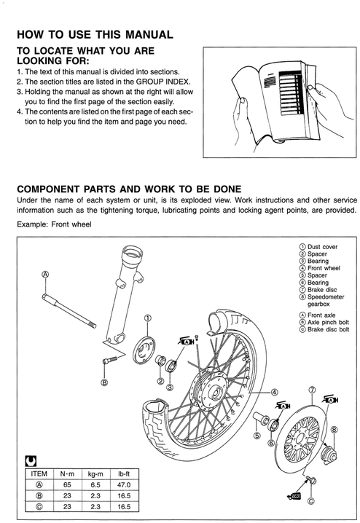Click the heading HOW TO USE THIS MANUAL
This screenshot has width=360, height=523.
pos(94,34)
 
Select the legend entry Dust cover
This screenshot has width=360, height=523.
pos(321,247)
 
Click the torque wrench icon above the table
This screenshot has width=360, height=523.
pos(30,460)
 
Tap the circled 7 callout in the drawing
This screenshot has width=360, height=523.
pos(311,390)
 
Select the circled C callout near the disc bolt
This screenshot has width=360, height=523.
pos(311,500)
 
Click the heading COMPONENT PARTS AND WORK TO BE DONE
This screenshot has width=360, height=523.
pos(128,187)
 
